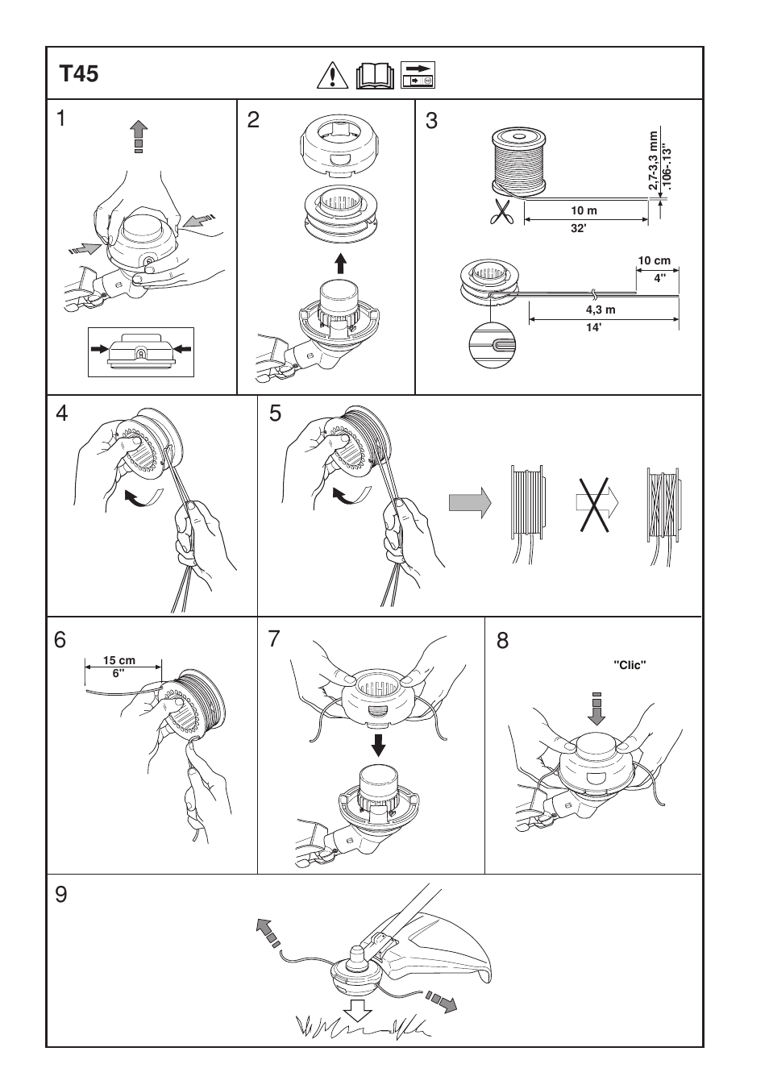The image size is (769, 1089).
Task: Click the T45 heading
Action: pyautogui.click(x=79, y=74)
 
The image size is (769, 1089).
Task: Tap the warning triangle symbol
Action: pyautogui.click(x=331, y=75)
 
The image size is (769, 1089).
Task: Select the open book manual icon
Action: pyautogui.click(x=375, y=75)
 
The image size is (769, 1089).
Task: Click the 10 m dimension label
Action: pyautogui.click(x=584, y=210)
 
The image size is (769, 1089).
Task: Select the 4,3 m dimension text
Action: pyautogui.click(x=601, y=310)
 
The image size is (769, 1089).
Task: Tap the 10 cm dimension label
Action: pyautogui.click(x=654, y=261)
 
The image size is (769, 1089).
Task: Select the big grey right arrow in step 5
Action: pyautogui.click(x=470, y=503)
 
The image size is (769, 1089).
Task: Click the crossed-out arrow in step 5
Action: pyautogui.click(x=596, y=503)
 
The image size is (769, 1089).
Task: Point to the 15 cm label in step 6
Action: pyautogui.click(x=119, y=660)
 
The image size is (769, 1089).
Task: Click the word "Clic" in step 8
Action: pyautogui.click(x=630, y=665)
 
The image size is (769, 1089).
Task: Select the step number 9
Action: pyautogui.click(x=62, y=895)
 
